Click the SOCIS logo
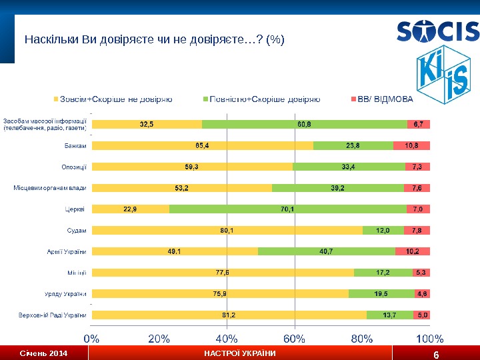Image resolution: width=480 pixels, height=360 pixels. pyautogui.click(x=437, y=31)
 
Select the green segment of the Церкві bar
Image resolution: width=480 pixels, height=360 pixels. pyautogui.click(x=288, y=209)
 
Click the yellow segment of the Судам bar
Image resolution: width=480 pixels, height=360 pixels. pyautogui.click(x=227, y=231)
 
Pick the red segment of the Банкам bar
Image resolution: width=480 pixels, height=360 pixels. pyautogui.click(x=412, y=145)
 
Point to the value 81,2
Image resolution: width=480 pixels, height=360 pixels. pyautogui.click(x=229, y=315)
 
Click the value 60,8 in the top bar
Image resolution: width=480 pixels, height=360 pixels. pyautogui.click(x=304, y=124)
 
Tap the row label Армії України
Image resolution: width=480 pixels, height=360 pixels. pyautogui.click(x=67, y=251)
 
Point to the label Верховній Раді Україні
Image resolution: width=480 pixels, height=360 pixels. pyautogui.click(x=53, y=315)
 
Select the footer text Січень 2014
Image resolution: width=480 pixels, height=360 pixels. pyautogui.click(x=43, y=353)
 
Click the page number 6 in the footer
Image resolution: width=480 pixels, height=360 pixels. pyautogui.click(x=435, y=354)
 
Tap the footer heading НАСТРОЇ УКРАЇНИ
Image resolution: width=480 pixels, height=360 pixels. pyautogui.click(x=239, y=353)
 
